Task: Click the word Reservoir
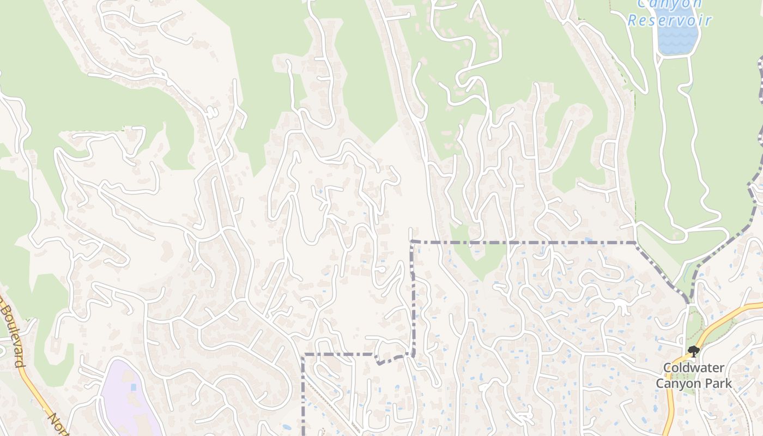670,21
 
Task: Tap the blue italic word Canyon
670,4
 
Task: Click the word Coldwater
693,368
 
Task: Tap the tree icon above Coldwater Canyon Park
693,351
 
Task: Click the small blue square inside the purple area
134,387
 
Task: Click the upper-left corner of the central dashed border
412,241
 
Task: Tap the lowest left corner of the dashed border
303,355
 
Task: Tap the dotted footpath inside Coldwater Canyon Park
691,327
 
